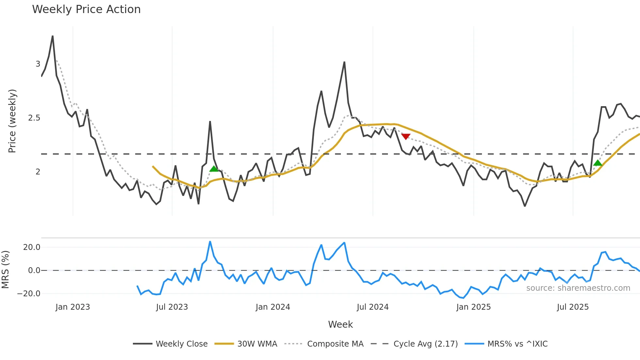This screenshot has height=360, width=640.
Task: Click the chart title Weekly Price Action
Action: pos(86,9)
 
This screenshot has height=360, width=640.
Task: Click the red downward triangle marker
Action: pos(406,137)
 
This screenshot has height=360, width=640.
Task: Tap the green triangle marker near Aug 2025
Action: pos(598,163)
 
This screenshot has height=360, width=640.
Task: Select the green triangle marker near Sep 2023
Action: pos(214,169)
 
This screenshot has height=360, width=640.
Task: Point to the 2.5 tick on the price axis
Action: pos(34,118)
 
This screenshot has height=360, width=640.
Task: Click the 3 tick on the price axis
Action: pos(38,64)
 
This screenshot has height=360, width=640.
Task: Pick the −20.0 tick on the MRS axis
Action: pos(29,294)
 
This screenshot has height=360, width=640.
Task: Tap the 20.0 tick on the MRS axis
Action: pos(32,247)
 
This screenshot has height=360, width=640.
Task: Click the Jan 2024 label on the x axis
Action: pos(273,307)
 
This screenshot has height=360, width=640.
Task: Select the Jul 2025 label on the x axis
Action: pos(573,307)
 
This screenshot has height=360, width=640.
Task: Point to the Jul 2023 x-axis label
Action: pos(172,307)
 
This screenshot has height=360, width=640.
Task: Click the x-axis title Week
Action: pos(340,324)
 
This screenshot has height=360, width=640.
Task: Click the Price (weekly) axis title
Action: pos(12,121)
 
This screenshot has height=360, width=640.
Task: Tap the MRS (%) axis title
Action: pos(6,270)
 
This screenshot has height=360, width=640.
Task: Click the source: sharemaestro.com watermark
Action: pos(578,288)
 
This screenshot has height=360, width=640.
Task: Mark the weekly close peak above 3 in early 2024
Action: pos(344,62)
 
